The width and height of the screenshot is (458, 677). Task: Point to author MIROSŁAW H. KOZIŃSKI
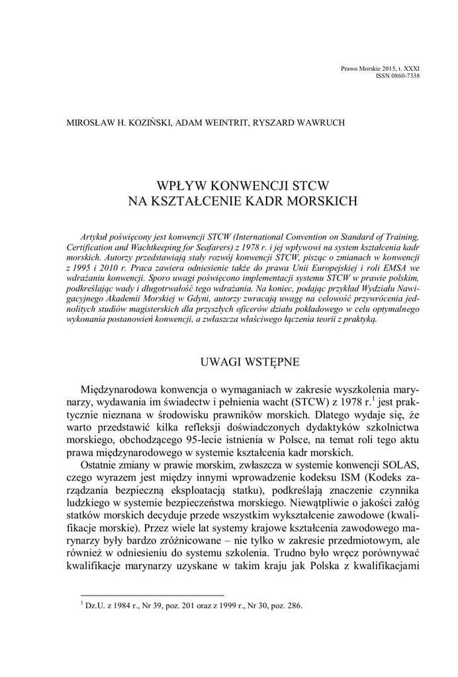118,122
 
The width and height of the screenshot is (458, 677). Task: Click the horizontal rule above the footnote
152,595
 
